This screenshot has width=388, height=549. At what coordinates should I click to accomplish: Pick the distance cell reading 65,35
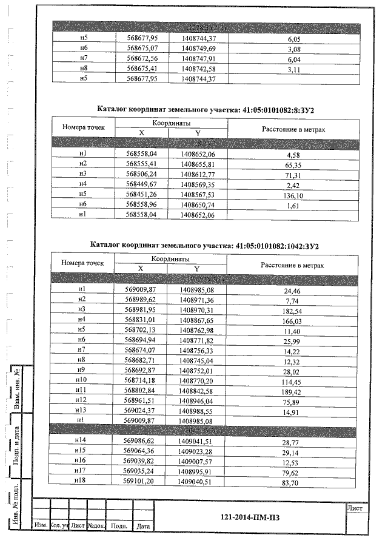tap(293, 164)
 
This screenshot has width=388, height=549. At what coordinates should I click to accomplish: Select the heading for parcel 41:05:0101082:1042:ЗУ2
tap(205, 246)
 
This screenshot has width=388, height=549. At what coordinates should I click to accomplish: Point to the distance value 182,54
tap(293, 310)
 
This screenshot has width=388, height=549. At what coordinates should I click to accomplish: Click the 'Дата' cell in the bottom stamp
tap(143, 526)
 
